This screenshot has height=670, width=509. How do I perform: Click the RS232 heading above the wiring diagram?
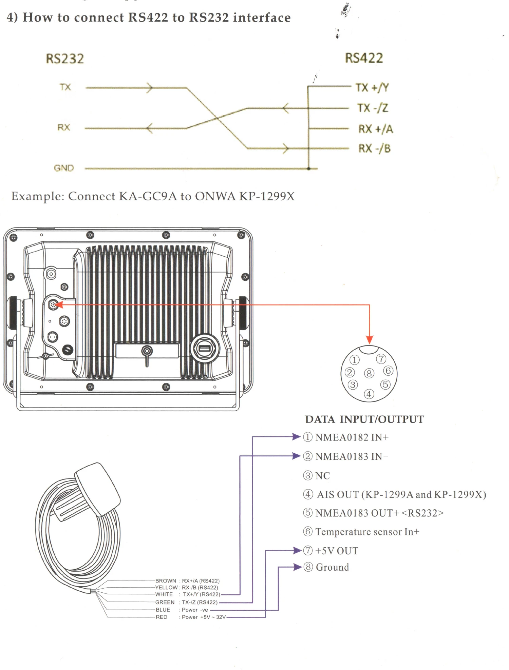coord(65,59)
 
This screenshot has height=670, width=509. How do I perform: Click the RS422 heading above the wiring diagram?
coord(364,58)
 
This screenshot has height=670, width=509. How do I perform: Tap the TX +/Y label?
coord(372,87)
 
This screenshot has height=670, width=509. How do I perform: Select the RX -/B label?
coord(375,149)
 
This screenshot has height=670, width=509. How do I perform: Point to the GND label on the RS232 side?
coord(64,168)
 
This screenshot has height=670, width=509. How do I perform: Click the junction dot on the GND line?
coord(308,169)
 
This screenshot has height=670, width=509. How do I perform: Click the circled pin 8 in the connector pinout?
coord(369,373)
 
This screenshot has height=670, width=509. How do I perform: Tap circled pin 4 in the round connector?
coord(369,394)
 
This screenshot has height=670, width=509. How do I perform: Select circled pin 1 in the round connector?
coord(354,360)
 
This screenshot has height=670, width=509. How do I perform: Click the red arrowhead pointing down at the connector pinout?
coord(370,339)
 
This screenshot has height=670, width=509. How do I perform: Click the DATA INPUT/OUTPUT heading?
coord(364,419)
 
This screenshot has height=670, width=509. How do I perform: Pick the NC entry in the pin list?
coord(322,476)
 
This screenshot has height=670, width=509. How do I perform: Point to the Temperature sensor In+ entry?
coord(367,532)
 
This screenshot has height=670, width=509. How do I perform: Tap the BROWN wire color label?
coord(166,581)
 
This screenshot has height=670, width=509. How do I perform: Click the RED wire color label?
coord(162,617)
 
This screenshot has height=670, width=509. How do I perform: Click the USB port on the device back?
coord(204,348)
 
